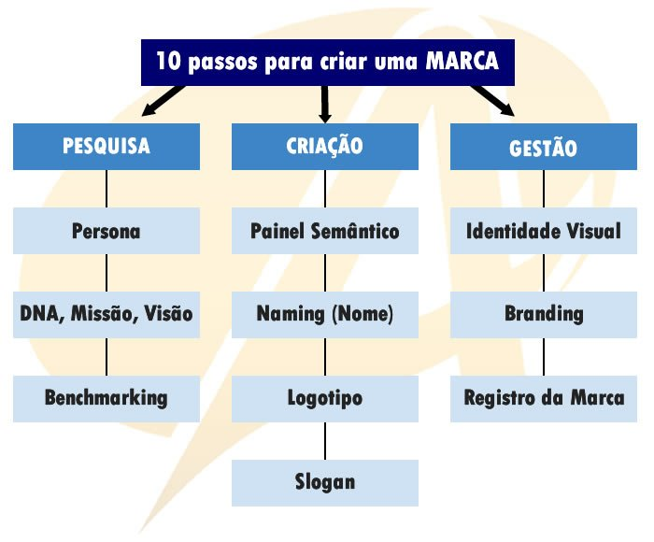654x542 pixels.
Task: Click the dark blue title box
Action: tap(327, 62)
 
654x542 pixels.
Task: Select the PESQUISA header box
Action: tap(107, 147)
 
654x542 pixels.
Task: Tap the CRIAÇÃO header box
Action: tap(325, 147)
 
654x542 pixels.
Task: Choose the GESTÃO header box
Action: tap(544, 148)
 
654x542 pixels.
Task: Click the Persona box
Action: tap(107, 231)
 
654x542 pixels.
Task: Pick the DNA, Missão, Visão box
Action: tap(107, 314)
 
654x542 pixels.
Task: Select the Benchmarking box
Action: tap(107, 398)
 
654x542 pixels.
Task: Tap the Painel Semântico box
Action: tap(325, 231)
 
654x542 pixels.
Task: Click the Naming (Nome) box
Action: tap(325, 314)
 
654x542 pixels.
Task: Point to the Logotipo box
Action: tap(325, 398)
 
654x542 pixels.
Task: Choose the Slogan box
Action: tap(325, 482)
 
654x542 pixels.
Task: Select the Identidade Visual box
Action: tap(544, 231)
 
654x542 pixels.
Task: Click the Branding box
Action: tap(544, 314)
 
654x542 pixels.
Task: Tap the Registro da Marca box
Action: tap(544, 398)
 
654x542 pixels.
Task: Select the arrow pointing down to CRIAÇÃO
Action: tap(325, 103)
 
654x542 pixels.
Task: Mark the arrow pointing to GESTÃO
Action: tap(492, 101)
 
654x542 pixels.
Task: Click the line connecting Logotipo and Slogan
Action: tap(325, 440)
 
